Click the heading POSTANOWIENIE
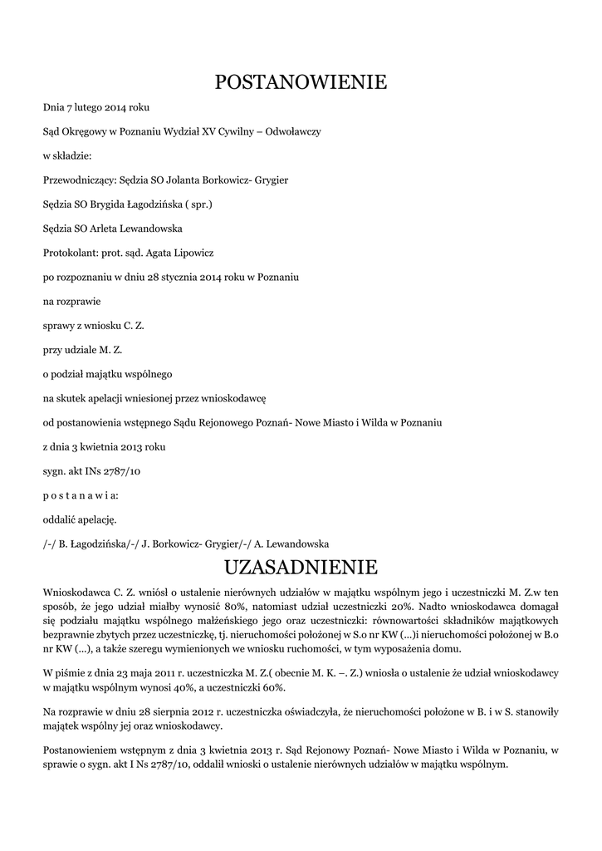click(x=301, y=82)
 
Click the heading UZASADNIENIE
click(x=301, y=567)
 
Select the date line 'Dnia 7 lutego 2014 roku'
click(x=96, y=108)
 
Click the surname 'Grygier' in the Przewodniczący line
click(x=272, y=180)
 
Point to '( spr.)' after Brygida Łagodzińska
click(x=198, y=204)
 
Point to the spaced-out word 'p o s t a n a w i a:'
click(x=81, y=495)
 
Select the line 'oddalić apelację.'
click(x=80, y=519)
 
